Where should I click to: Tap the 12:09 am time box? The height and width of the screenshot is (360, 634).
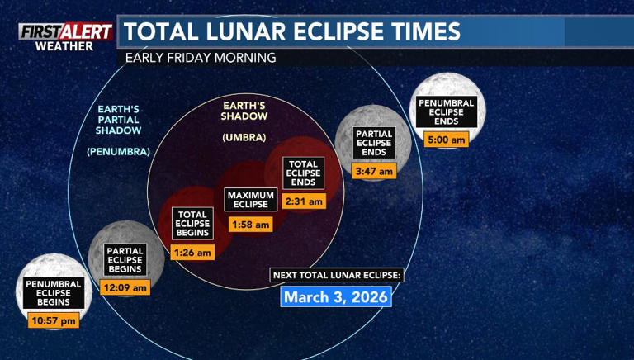[126, 287]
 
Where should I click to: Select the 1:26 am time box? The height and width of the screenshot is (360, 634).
[193, 252]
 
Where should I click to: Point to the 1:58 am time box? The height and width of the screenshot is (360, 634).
[250, 224]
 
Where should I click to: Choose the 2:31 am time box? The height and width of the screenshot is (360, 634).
[303, 201]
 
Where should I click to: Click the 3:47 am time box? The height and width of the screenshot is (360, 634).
[374, 171]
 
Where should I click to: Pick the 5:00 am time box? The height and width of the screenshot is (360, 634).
[447, 139]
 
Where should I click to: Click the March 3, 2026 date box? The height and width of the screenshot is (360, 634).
[336, 296]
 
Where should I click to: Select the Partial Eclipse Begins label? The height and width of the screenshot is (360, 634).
[126, 260]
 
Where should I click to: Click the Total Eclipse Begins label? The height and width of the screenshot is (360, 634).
[193, 224]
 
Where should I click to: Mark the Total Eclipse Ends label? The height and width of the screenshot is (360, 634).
[303, 173]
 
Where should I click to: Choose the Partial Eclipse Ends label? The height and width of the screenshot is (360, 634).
[374, 144]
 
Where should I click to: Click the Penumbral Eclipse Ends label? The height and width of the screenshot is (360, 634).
[447, 112]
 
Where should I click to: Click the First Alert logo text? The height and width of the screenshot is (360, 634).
[66, 31]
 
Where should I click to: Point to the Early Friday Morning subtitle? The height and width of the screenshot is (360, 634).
[201, 59]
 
